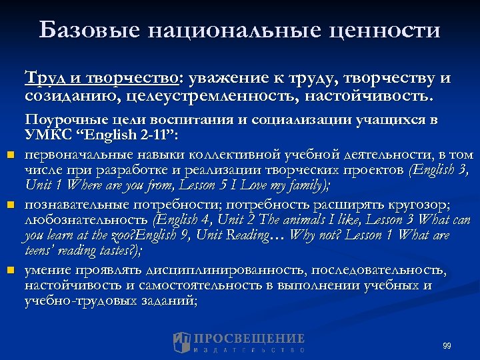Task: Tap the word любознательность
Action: click(x=86, y=219)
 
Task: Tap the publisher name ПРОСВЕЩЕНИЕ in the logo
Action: click(x=249, y=339)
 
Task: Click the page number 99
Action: click(x=446, y=345)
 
